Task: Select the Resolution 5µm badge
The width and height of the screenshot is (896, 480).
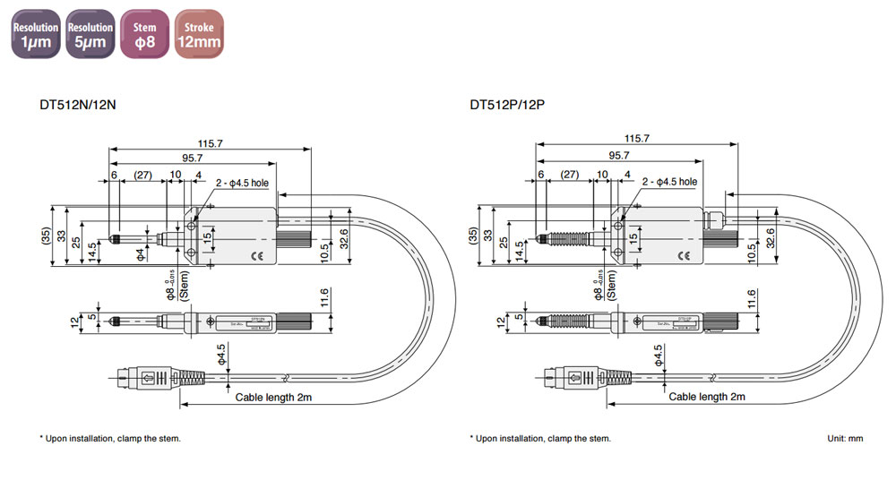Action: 90,34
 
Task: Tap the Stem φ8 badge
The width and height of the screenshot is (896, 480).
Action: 145,34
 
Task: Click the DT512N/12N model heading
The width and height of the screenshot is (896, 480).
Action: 77,105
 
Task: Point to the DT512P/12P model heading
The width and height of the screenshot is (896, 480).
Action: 507,105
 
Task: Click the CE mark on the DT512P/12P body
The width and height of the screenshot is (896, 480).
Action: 685,256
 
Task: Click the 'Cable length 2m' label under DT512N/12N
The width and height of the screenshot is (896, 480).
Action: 274,396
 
